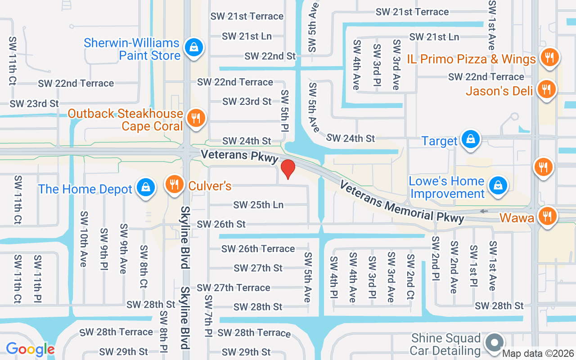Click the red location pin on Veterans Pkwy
click(288, 169)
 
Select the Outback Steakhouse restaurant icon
click(196, 118)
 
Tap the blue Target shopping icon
click(471, 139)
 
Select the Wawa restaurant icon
click(548, 216)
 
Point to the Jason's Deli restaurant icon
click(547, 89)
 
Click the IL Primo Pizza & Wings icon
click(549, 57)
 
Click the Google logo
click(30, 349)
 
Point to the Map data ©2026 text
click(538, 354)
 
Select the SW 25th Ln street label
click(258, 205)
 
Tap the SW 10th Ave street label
click(83, 238)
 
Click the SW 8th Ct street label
click(144, 266)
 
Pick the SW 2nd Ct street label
click(410, 278)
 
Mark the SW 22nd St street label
click(270, 56)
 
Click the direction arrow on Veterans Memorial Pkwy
click(484, 211)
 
